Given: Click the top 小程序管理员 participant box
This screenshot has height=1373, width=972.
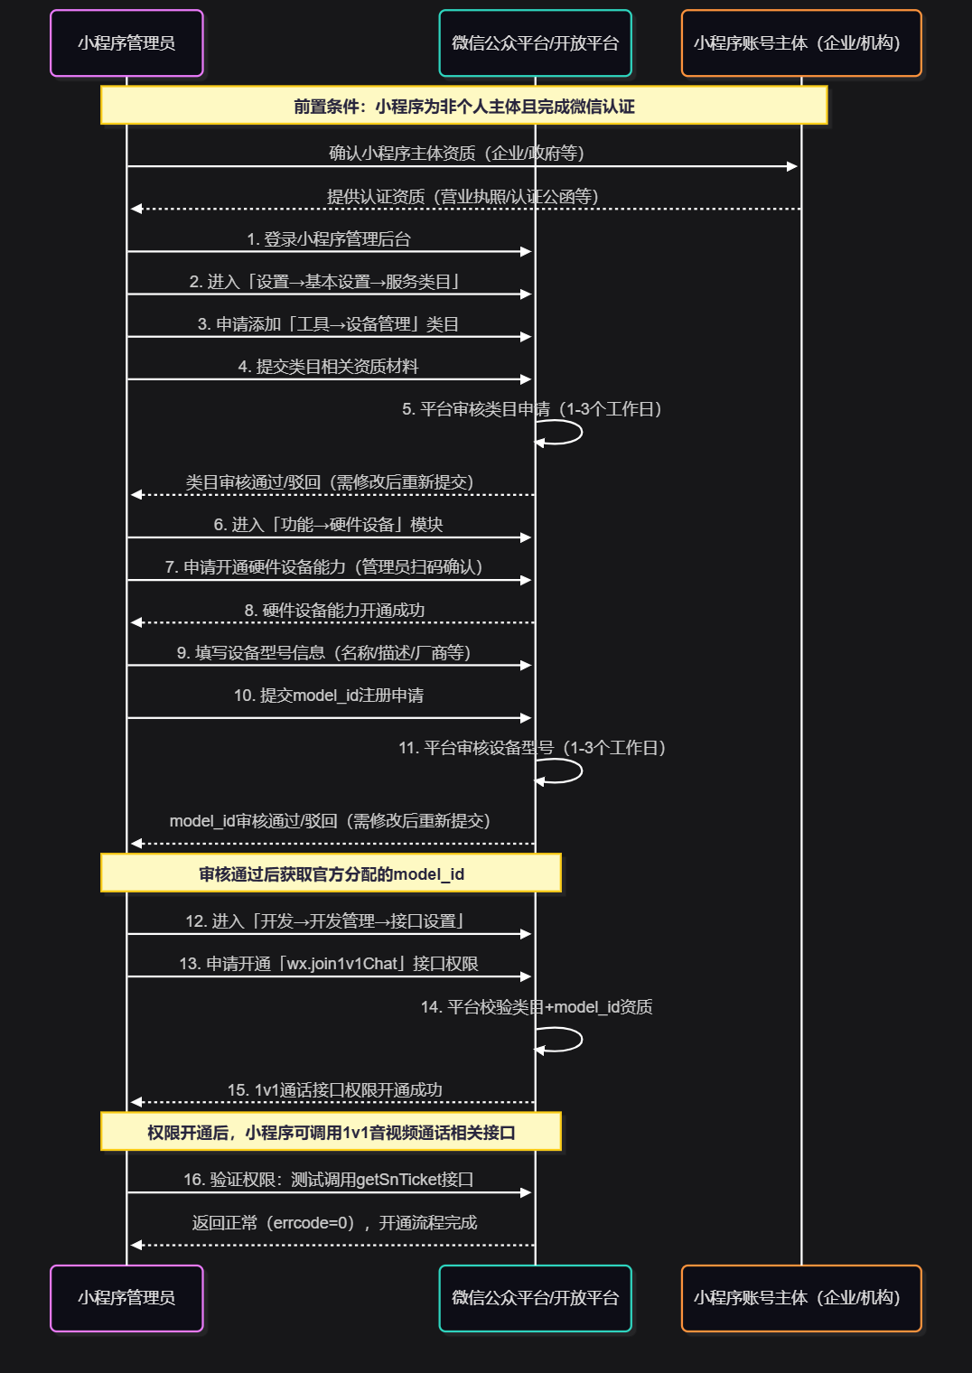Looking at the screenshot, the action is coord(126,43).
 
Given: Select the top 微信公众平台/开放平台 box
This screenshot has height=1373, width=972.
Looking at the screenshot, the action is coord(535,43).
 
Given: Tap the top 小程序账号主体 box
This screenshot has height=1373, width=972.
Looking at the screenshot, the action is coord(801,43).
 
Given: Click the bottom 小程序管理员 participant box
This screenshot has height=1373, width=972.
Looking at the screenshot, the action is coord(126,1298).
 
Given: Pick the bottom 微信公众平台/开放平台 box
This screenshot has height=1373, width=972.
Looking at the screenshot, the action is coord(535,1298).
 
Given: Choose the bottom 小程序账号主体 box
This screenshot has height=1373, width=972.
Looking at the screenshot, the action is coord(801,1298).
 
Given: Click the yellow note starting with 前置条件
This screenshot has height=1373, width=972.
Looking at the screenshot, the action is coord(463,106).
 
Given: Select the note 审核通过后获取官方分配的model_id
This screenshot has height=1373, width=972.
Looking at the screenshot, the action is coord(331,873).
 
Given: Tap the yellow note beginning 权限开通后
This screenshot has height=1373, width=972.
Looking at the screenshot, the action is coord(331,1132).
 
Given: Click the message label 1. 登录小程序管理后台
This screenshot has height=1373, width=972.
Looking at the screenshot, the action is coord(329,239).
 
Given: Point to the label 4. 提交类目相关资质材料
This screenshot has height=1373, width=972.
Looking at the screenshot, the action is coord(329,367).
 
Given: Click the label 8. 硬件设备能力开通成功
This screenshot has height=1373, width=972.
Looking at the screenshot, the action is coord(334,611).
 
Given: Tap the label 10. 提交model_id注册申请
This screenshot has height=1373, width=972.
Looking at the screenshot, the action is coord(329,696).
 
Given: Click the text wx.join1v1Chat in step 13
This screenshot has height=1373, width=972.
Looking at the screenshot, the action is coord(343,964).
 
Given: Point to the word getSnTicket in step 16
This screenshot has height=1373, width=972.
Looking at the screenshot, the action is coord(397,1180).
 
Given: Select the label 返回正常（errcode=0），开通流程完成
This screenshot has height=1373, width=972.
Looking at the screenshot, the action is coord(334,1223).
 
